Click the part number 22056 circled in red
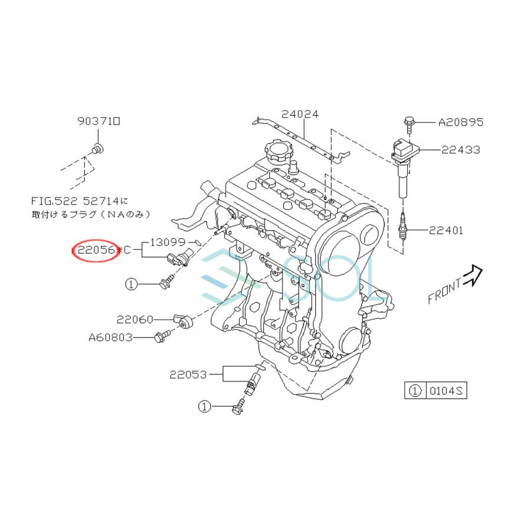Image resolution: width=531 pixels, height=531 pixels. (96, 250)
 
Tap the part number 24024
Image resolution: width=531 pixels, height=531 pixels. (300, 114)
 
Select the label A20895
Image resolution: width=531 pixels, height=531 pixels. (461, 122)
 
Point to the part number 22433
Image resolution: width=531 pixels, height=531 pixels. (461, 149)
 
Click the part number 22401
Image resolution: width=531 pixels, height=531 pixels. (446, 231)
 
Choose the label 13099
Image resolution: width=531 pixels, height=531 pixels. (168, 242)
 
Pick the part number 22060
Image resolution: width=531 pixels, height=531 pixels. (135, 319)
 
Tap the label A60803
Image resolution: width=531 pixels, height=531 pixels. (111, 337)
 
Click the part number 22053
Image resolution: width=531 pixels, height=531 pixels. (188, 375)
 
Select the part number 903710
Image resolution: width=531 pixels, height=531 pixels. (99, 121)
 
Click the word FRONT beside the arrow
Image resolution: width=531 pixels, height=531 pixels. (444, 291)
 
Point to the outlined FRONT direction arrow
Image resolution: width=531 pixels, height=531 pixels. (473, 276)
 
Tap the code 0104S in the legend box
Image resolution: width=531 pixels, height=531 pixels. (445, 391)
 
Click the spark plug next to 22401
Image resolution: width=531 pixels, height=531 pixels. (403, 227)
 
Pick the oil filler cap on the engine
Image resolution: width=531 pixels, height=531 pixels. (277, 150)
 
